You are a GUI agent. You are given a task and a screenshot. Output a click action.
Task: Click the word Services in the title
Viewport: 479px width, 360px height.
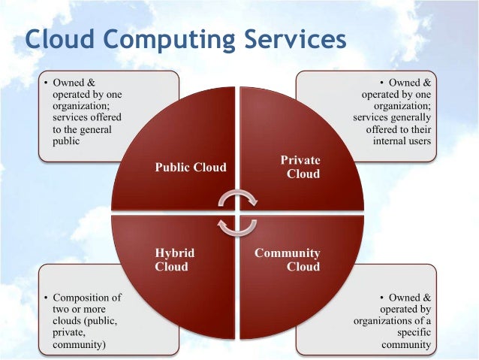coord(297,39)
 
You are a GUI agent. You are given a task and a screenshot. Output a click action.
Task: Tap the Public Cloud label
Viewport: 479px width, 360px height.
coord(190,167)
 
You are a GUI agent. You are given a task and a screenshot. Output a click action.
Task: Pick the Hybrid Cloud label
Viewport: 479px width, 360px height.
coord(172,259)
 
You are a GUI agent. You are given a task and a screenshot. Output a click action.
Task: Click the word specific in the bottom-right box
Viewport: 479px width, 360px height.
coord(412,333)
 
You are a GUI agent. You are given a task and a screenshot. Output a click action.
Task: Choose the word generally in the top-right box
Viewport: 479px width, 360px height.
coord(410,117)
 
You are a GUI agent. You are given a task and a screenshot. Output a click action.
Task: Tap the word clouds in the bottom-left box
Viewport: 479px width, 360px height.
coord(68,321)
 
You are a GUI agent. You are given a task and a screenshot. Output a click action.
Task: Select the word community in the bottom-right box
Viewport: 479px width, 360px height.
coord(406,345)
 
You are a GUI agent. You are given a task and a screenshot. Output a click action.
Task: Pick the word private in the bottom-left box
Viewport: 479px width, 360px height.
coord(68,333)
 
